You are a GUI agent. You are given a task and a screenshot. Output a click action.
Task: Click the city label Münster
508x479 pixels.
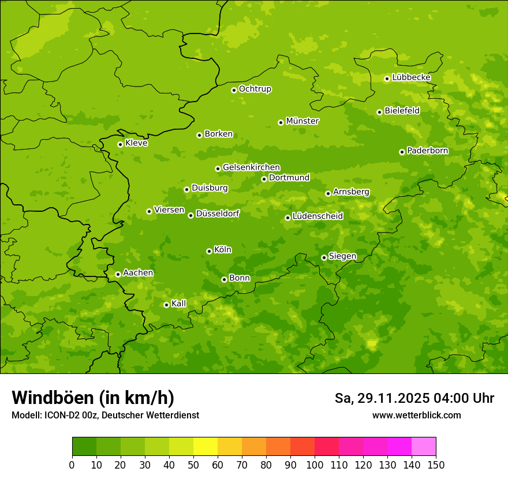302,121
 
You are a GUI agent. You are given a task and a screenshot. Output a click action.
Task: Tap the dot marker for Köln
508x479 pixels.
209,251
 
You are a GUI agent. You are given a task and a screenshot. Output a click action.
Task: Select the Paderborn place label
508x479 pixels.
427,151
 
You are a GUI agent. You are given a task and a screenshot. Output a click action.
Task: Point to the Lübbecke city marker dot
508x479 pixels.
387,78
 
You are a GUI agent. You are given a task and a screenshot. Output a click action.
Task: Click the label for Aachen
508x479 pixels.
138,273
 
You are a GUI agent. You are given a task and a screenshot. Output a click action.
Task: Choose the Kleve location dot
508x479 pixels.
120,144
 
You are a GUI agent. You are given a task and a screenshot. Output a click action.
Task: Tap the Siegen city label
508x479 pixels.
342,256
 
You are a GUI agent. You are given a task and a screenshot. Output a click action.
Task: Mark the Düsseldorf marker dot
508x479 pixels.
190,215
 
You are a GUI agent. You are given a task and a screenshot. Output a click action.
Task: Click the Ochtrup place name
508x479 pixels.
255,89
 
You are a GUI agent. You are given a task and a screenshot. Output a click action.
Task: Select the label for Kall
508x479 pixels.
179,304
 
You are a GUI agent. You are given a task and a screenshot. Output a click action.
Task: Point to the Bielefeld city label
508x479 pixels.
402,111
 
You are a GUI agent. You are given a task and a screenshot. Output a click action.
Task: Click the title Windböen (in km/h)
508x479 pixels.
93,398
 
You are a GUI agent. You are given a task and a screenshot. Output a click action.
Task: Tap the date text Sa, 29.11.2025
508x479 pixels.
382,398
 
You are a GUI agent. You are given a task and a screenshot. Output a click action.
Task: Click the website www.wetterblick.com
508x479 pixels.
416,415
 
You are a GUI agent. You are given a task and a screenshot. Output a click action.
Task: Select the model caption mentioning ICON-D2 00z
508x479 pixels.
105,415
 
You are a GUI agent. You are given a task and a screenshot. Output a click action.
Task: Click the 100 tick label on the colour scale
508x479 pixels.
315,465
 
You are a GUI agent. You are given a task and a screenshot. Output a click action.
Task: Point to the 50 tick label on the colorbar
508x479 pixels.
193,465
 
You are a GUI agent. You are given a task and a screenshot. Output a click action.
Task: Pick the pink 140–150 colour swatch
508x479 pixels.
424,447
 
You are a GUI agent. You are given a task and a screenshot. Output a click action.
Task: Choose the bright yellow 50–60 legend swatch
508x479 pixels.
206,447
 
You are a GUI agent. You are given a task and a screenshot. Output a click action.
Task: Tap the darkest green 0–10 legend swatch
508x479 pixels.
84,447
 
